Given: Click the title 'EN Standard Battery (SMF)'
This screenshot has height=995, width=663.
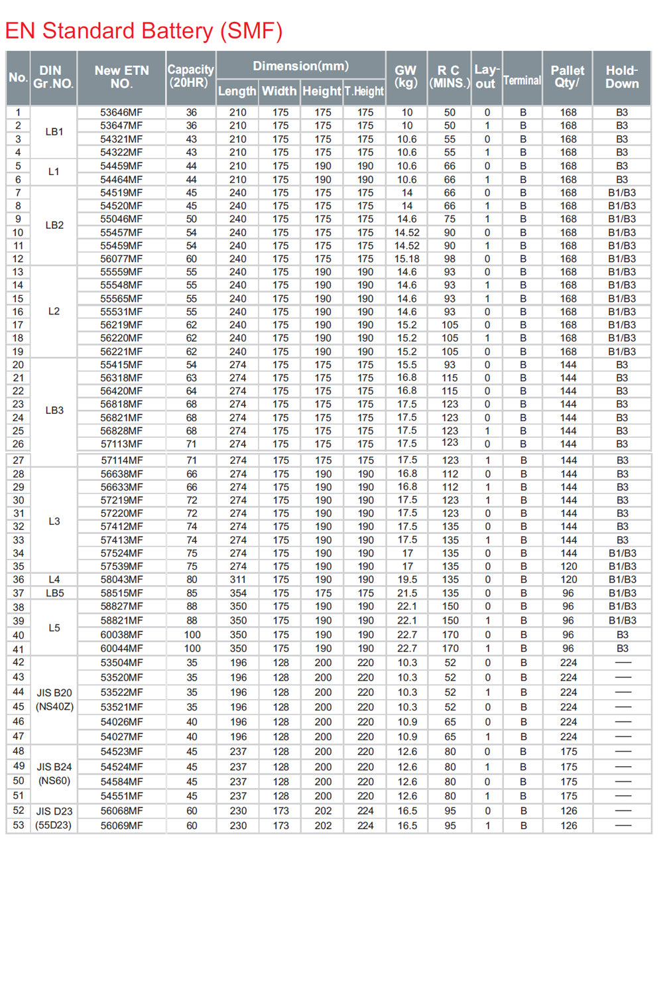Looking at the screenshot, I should coord(144,31).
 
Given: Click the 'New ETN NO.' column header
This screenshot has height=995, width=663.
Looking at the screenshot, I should coord(121,77).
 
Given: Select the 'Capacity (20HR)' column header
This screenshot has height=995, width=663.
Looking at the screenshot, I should coord(190,76).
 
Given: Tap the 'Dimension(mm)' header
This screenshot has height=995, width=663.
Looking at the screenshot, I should coord(300,66).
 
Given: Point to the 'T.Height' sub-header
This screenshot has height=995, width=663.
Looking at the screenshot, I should coord(364,91).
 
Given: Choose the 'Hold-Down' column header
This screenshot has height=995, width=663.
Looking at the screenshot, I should coord(621,77).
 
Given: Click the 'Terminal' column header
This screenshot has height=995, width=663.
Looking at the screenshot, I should coord(522,80).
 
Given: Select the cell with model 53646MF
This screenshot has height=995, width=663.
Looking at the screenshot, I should coord(121,113).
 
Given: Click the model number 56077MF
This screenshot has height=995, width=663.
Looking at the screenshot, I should coord(121,259).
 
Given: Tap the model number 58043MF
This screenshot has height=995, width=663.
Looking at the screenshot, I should coord(121,579).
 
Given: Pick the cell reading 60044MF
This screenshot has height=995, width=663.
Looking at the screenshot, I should coord(121,648).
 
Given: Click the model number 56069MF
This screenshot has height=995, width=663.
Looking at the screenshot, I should coord(121,825).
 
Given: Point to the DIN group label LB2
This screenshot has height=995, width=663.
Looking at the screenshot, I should coord(54,226).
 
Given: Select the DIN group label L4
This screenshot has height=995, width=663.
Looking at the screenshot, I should coord(54,579).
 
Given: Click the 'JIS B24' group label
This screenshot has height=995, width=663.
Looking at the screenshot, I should coord(54,767).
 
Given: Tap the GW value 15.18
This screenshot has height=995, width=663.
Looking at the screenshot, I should coord(406,259).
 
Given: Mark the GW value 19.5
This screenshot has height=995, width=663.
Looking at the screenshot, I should coord(407,579).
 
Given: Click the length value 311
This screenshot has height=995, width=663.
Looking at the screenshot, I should coord(238,579).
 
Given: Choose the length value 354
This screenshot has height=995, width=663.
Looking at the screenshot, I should coord(238,593).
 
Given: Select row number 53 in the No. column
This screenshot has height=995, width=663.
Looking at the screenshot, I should coord(19,825).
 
